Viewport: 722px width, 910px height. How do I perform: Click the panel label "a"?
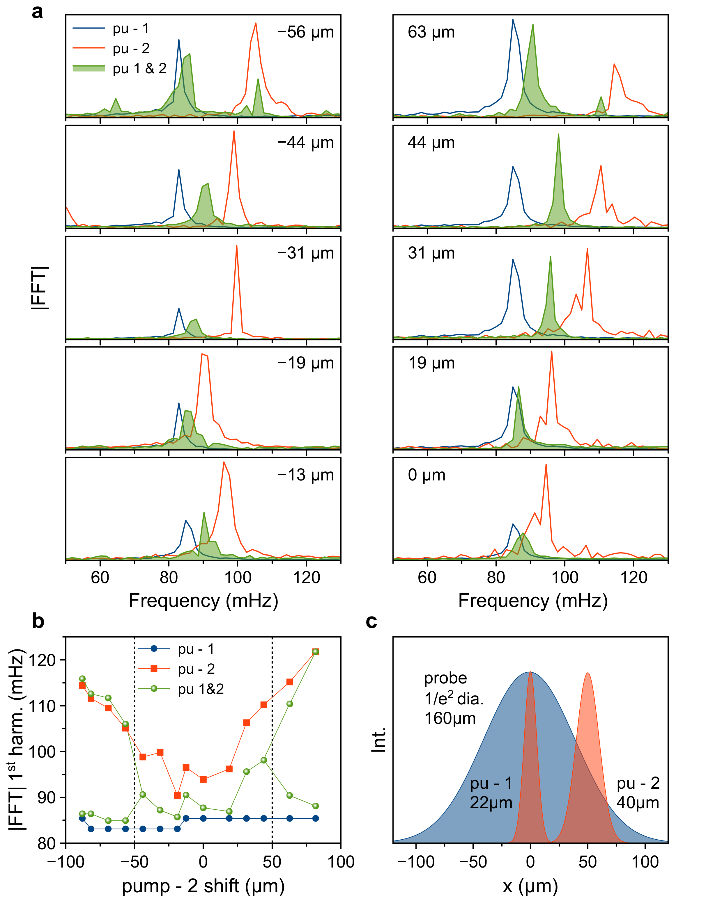pos(37,12)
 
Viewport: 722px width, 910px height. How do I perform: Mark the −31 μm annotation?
pos(305,253)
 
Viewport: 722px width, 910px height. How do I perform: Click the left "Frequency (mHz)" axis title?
pos(203,600)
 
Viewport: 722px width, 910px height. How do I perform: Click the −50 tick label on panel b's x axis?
pos(134,862)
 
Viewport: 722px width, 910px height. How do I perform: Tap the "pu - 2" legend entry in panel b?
pos(196,669)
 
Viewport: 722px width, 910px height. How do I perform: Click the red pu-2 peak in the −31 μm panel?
pos(237,246)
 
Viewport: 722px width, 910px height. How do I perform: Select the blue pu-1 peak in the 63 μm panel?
pos(513,20)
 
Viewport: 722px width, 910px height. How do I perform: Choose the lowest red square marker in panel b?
pos(177,795)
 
